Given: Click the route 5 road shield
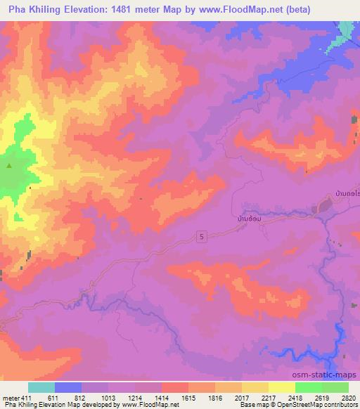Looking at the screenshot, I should [x=202, y=238].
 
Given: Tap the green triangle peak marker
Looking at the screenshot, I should [x=9, y=167].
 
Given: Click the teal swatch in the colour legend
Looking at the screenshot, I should [x=41, y=387].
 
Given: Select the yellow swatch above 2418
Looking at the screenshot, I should [x=281, y=387].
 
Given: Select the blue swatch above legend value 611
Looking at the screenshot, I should [x=68, y=387].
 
